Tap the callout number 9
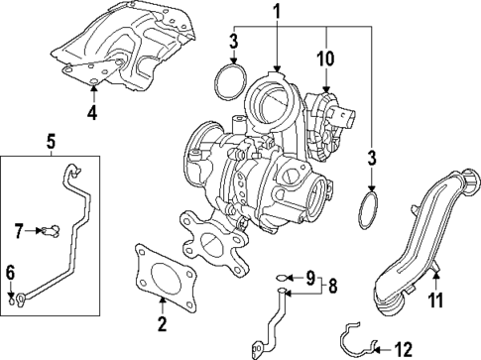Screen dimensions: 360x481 point(307,276)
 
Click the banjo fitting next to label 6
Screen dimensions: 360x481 point(20,294)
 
